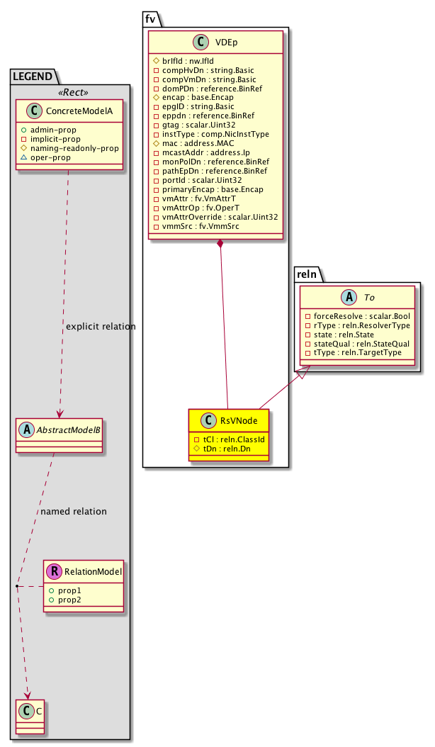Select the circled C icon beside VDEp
[x=203, y=41]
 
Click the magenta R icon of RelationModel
[x=56, y=572]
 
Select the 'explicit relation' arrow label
[x=101, y=326]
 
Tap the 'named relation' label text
[x=74, y=511]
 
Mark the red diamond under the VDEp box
[x=221, y=245]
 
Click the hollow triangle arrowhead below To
[x=301, y=373]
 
